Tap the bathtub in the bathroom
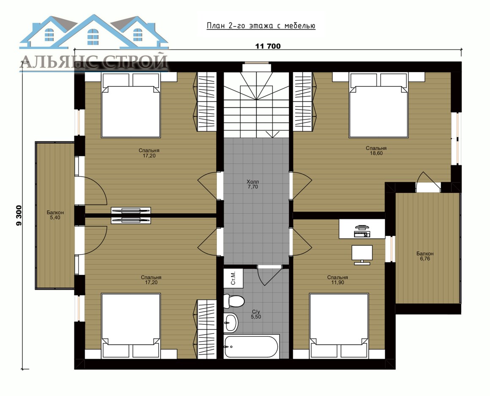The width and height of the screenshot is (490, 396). tap(252, 346)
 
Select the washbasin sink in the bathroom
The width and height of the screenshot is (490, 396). tap(231, 322)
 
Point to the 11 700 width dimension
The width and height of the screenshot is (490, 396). tap(268, 46)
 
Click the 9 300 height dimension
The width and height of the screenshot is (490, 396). tap(19, 215)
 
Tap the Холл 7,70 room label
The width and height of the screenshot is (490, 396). tap(253, 184)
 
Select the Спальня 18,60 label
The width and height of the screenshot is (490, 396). tap(376, 151)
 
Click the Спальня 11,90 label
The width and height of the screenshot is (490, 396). tap(338, 280)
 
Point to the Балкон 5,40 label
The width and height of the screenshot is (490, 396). tap(55, 215)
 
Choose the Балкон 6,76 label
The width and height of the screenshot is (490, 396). tap(425, 256)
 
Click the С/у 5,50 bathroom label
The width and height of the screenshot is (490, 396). tap(256, 314)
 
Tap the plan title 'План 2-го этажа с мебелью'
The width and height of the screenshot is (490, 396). tap(261, 26)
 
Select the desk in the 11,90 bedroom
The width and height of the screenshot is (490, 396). tap(362, 229)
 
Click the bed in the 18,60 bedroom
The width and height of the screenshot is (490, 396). tap(379, 105)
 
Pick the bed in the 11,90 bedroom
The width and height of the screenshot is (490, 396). tap(339, 325)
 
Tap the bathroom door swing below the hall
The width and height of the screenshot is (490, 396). tap(268, 275)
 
